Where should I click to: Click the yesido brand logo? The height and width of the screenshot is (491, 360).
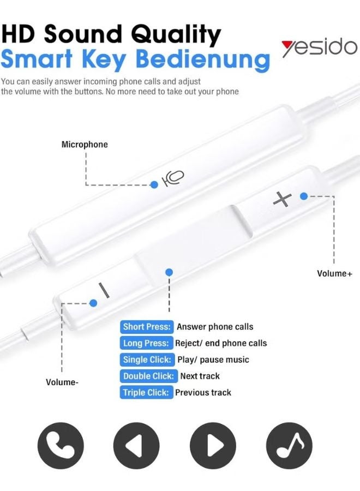click(319, 49)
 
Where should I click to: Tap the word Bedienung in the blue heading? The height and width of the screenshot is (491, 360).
click(203, 60)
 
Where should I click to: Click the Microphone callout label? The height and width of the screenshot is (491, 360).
click(85, 145)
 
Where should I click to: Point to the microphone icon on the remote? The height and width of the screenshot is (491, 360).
click(172, 178)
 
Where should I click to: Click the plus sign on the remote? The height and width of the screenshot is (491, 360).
click(283, 199)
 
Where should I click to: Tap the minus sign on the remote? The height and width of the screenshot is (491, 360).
click(104, 290)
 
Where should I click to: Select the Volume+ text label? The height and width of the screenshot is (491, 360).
click(335, 273)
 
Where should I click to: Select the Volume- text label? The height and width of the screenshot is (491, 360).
click(62, 382)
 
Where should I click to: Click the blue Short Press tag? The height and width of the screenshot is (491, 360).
click(147, 327)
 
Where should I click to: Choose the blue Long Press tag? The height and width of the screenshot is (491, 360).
click(146, 343)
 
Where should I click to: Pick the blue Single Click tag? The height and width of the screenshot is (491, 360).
click(147, 360)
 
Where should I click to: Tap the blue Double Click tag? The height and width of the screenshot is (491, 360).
click(148, 376)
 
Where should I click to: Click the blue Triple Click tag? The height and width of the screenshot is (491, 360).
click(146, 392)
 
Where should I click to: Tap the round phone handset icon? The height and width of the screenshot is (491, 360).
click(61, 445)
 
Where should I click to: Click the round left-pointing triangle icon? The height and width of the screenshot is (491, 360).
click(136, 445)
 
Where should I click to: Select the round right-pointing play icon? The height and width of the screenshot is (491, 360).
click(213, 445)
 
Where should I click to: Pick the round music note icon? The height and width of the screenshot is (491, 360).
click(289, 445)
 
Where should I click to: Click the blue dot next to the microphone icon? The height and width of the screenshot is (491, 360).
click(154, 185)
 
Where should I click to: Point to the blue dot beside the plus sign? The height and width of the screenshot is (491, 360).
click(304, 196)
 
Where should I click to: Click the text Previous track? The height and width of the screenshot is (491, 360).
click(203, 392)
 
